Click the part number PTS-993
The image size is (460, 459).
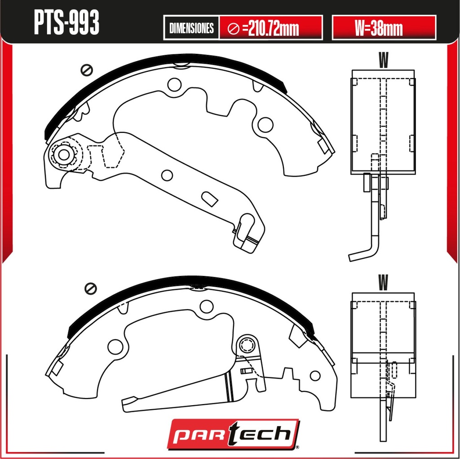(66, 22)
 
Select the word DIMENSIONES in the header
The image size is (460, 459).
(191, 28)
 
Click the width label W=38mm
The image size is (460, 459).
(378, 28)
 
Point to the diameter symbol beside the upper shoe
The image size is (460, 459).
(87, 70)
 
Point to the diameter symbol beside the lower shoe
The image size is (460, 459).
(90, 289)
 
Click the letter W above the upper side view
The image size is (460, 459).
(383, 60)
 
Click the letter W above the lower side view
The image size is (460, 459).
(383, 282)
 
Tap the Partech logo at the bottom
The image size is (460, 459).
(234, 434)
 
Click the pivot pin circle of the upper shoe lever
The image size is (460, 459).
(64, 154)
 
